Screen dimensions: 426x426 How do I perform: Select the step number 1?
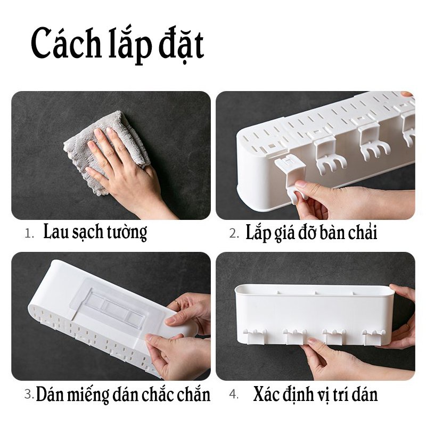click(x=29, y=233)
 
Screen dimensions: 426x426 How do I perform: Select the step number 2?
click(x=233, y=233)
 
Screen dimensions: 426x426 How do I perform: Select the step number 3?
click(x=29, y=395)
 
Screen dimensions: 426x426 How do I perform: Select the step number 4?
click(x=233, y=395)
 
